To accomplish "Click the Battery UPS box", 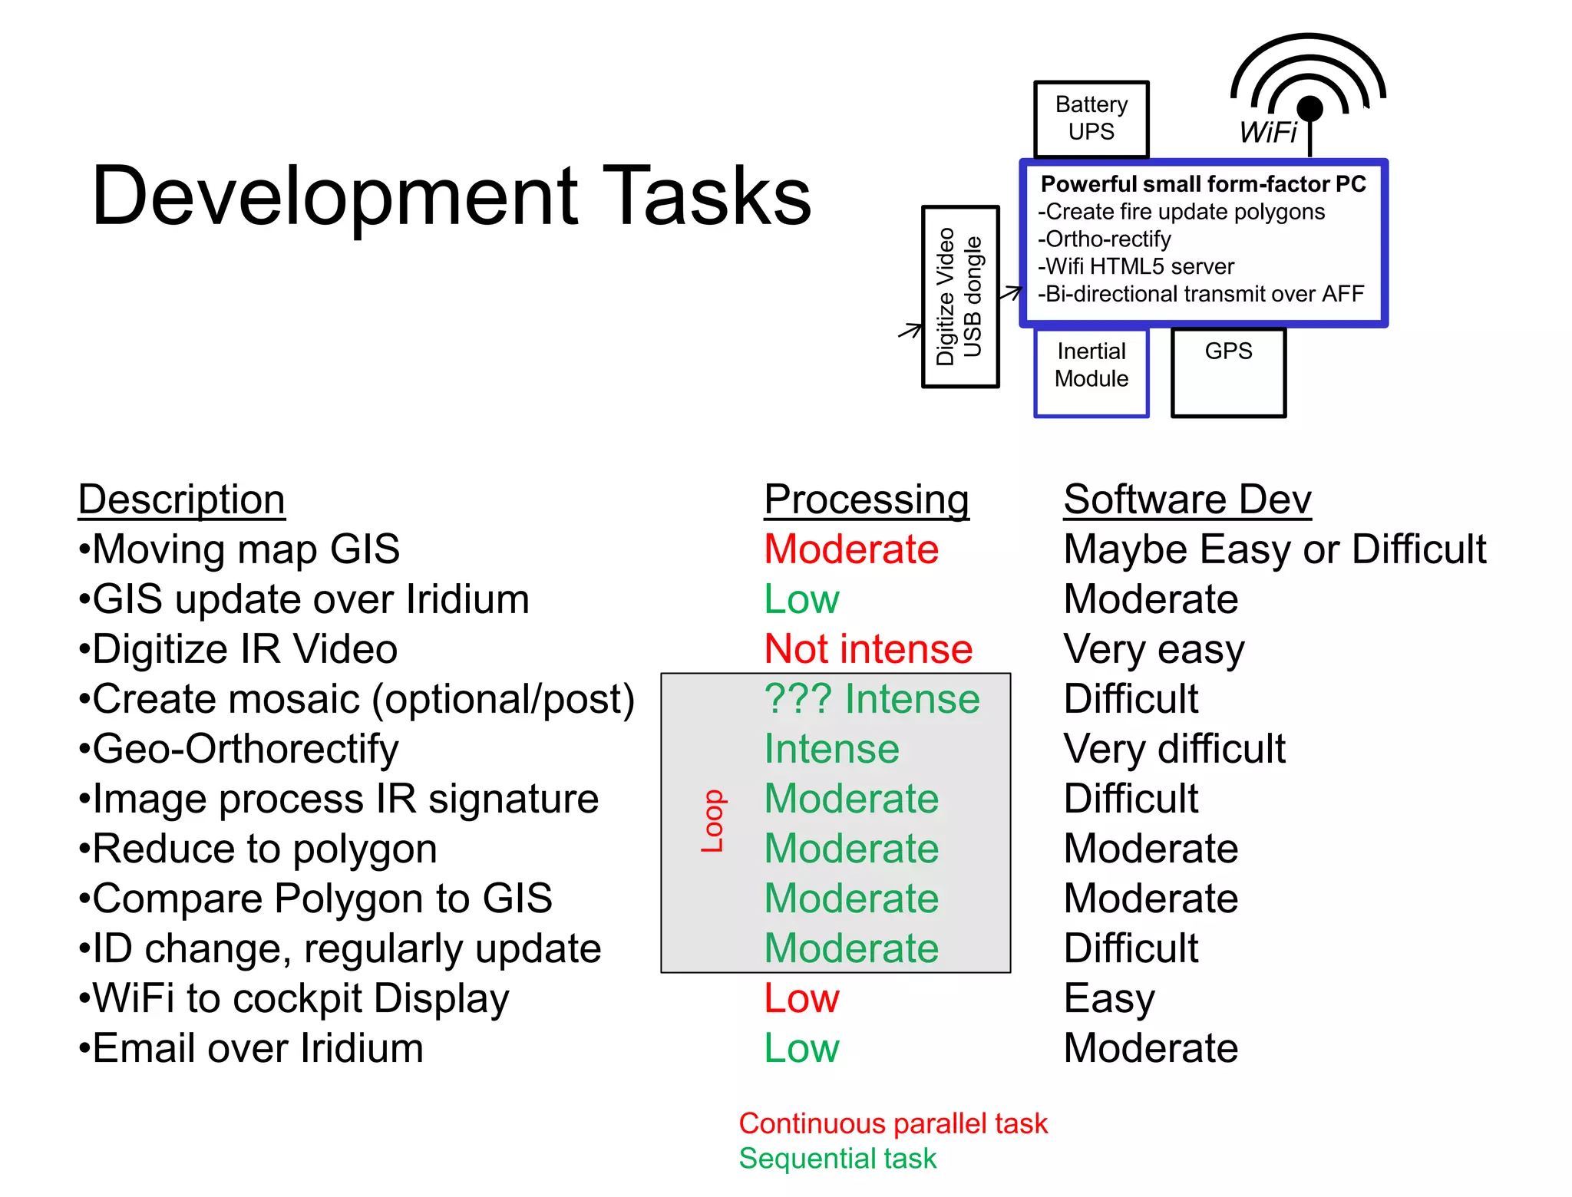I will click(x=1091, y=118).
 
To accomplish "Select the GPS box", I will click(x=1228, y=372).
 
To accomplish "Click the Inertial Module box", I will click(x=1091, y=372).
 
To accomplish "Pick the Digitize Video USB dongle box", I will click(x=959, y=297).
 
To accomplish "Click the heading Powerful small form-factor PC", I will click(x=1203, y=184).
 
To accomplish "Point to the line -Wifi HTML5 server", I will click(x=1135, y=266).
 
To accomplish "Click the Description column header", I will click(x=182, y=500).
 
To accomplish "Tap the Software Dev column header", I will click(x=1187, y=500).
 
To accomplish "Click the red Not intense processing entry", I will click(x=868, y=649).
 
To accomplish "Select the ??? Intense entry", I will click(x=871, y=699).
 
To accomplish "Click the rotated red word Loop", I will click(x=713, y=821).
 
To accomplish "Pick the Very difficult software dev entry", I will click(x=1174, y=749).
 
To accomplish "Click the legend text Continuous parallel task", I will click(x=892, y=1123).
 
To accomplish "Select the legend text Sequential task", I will click(x=837, y=1159).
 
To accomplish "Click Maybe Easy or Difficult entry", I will click(x=1274, y=549).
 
